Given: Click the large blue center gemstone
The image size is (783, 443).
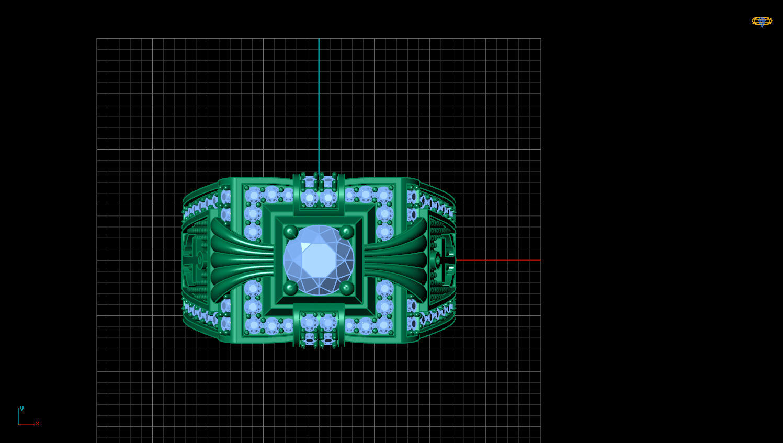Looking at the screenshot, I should click(x=319, y=260).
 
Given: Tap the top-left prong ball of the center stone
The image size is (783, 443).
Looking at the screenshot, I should click(x=290, y=232).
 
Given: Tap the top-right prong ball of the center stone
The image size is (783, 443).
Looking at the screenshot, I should click(x=346, y=232).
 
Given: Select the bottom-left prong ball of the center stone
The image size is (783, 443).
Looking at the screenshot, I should click(x=290, y=288).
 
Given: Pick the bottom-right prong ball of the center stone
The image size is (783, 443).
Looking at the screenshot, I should click(x=346, y=288).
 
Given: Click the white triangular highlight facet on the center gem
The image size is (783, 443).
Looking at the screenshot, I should click(x=305, y=247).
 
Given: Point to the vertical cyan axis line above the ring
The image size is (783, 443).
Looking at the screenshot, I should click(x=319, y=105).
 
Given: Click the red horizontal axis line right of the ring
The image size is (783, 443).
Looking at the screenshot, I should click(x=497, y=260).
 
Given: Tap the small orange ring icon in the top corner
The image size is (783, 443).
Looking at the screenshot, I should click(x=762, y=21).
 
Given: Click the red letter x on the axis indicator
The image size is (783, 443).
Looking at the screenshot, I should click(x=38, y=424).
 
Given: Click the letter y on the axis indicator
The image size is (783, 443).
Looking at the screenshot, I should click(x=21, y=408).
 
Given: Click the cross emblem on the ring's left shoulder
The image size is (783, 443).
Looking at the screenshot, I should click(x=197, y=259).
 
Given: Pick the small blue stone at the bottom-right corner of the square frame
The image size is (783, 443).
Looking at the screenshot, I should click(x=384, y=325).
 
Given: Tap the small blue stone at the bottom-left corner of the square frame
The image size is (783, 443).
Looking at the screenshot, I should click(x=254, y=325).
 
